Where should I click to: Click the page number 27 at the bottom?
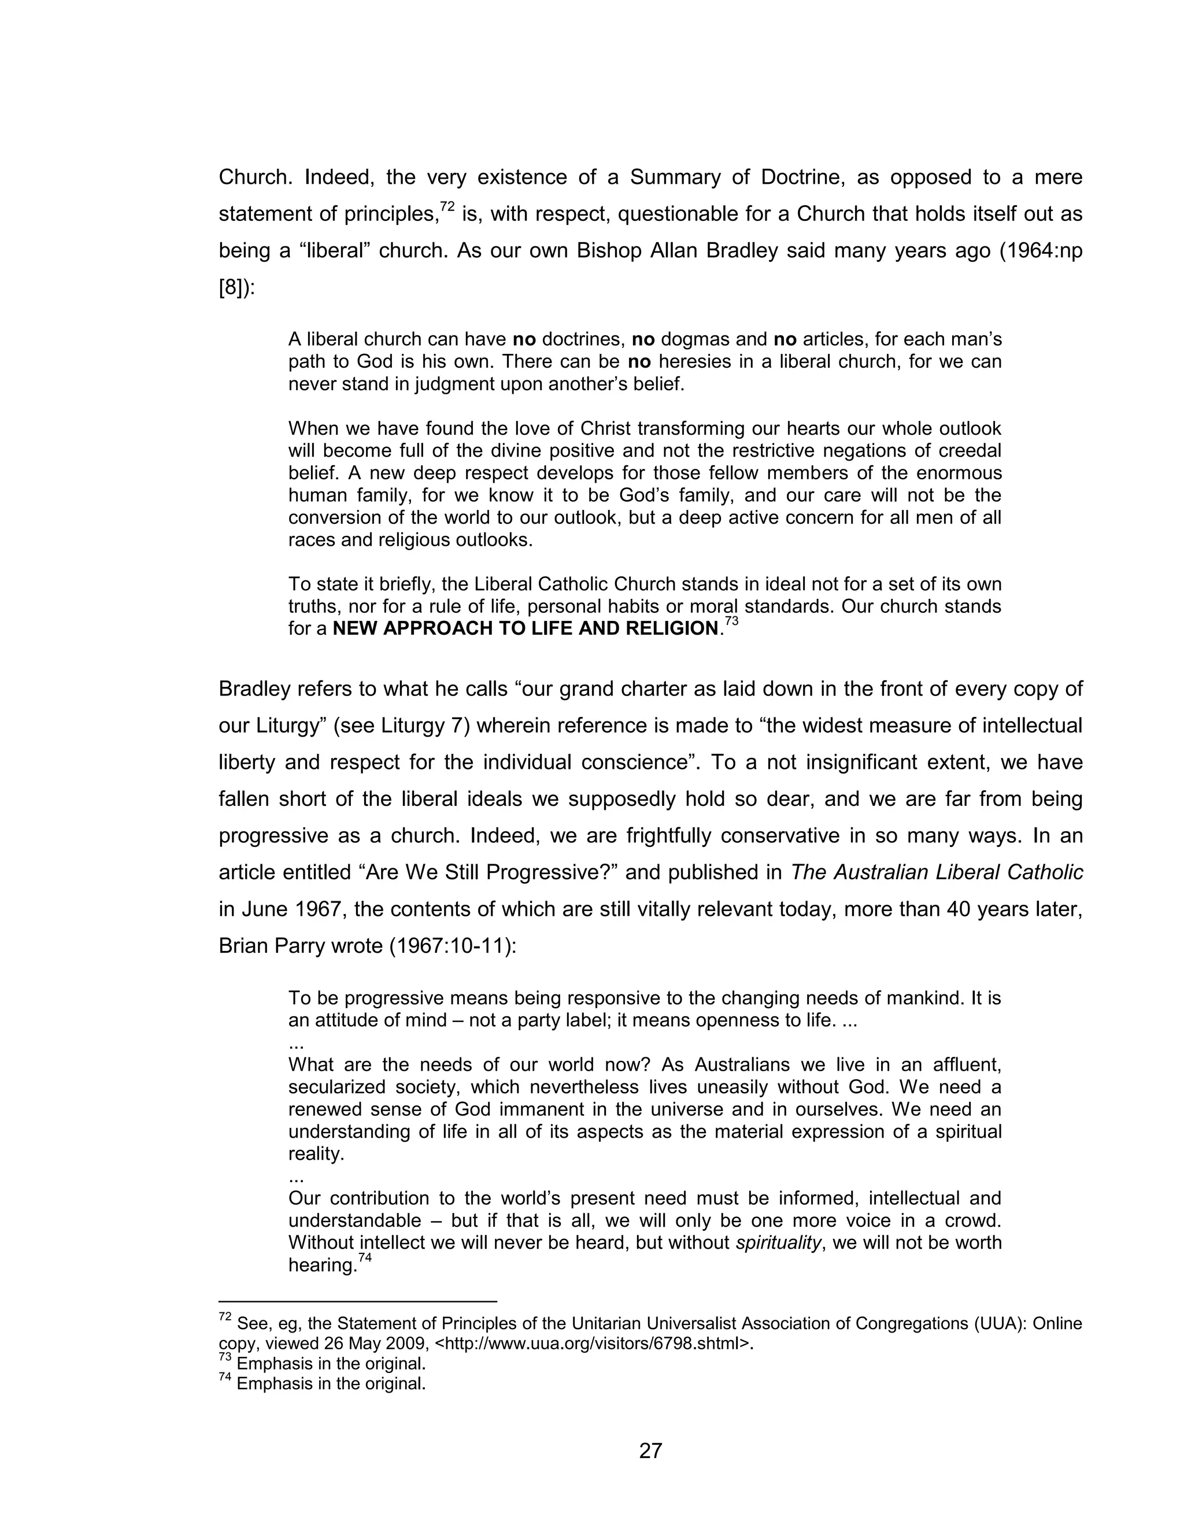pos(650,1450)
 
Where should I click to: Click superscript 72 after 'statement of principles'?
pos(447,207)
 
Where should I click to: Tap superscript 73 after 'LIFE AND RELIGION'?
pos(731,621)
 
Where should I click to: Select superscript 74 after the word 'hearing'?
pos(364,1258)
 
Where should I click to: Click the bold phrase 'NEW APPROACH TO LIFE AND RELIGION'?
pos(526,628)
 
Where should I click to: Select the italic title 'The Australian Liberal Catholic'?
pos(937,872)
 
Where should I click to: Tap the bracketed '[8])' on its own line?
pos(237,287)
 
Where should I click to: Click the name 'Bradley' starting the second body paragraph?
pos(254,689)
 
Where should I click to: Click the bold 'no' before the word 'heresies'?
pos(639,362)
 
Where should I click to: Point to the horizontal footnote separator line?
pos(358,1301)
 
